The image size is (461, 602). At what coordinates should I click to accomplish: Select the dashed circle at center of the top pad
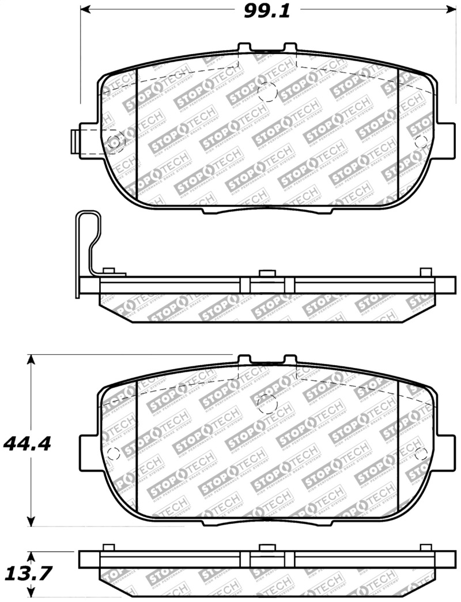pyautogui.click(x=268, y=93)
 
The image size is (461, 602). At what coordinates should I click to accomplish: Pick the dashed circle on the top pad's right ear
pyautogui.click(x=421, y=142)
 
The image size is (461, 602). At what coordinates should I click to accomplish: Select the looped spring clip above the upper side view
pyautogui.click(x=88, y=242)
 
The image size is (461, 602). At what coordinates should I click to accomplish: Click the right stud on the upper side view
pyautogui.click(x=426, y=272)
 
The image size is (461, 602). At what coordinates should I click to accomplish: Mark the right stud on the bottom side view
pyautogui.click(x=426, y=547)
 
